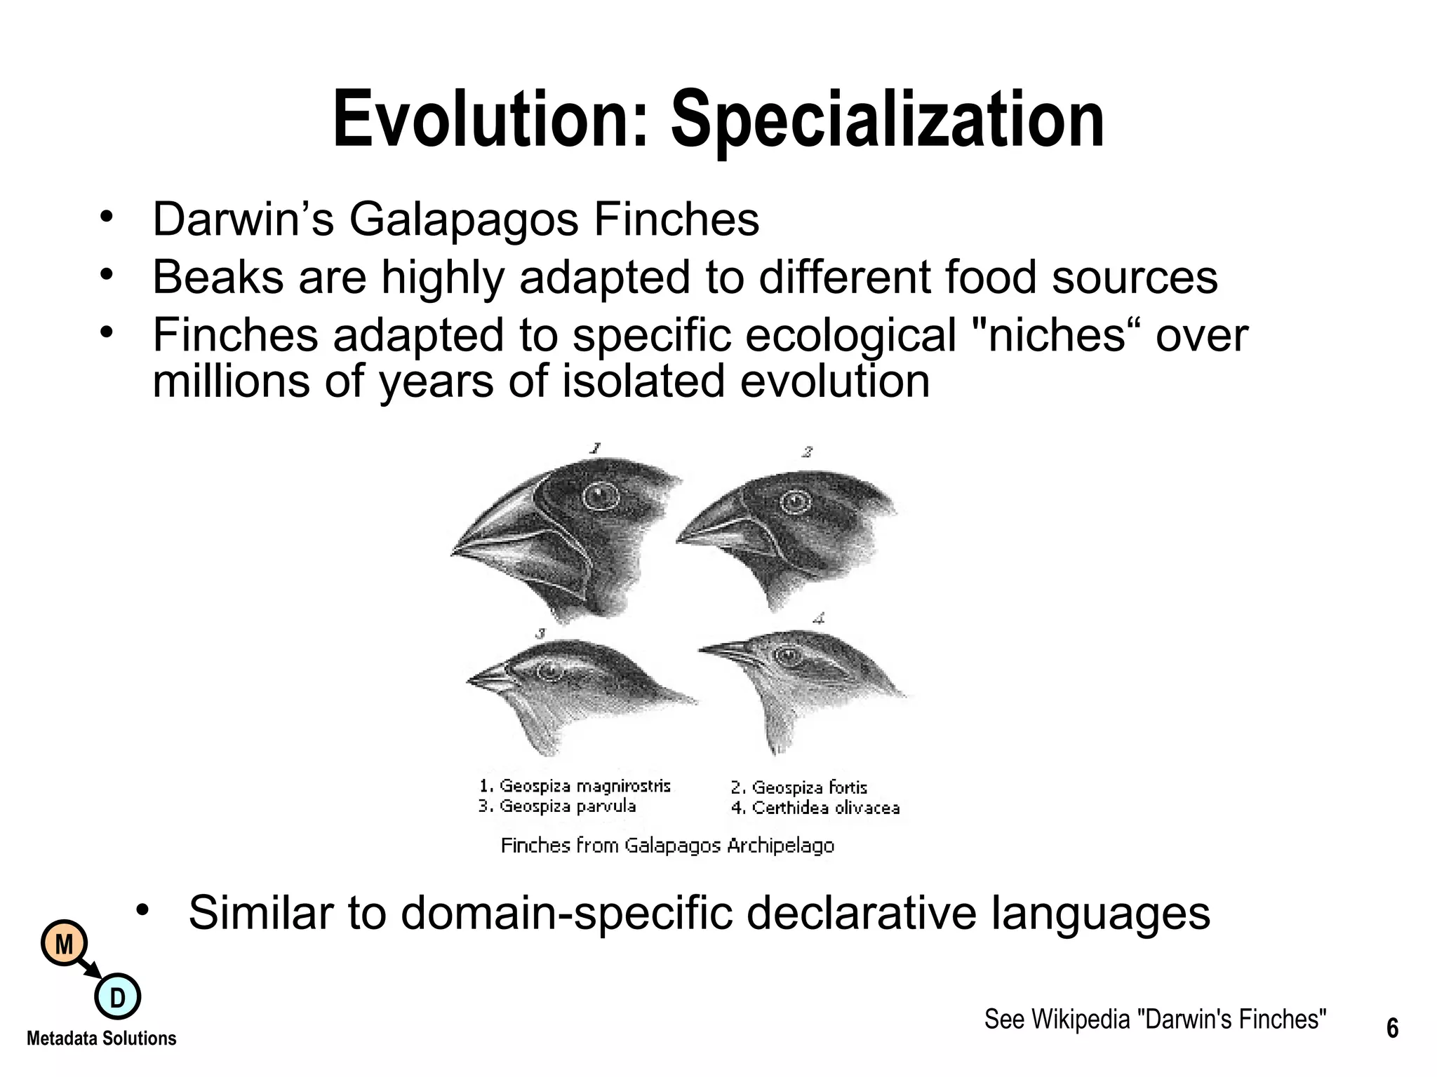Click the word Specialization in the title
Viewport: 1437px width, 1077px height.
pos(888,121)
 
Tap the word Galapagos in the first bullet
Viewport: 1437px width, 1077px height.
pos(463,219)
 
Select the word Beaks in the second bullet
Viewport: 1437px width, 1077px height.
pos(218,277)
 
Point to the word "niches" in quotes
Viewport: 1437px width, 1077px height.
pos(1059,335)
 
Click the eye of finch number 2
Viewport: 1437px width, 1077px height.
pos(795,502)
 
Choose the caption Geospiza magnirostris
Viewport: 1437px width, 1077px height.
pos(575,786)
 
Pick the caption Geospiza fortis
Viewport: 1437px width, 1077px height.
pos(799,787)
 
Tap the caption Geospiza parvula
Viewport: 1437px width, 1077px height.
pos(557,806)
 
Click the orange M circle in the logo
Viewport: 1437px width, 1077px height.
pos(65,944)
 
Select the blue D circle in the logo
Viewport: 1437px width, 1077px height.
pos(117,996)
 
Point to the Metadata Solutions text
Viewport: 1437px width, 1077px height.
pos(101,1038)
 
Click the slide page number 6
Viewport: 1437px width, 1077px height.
pos(1392,1029)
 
